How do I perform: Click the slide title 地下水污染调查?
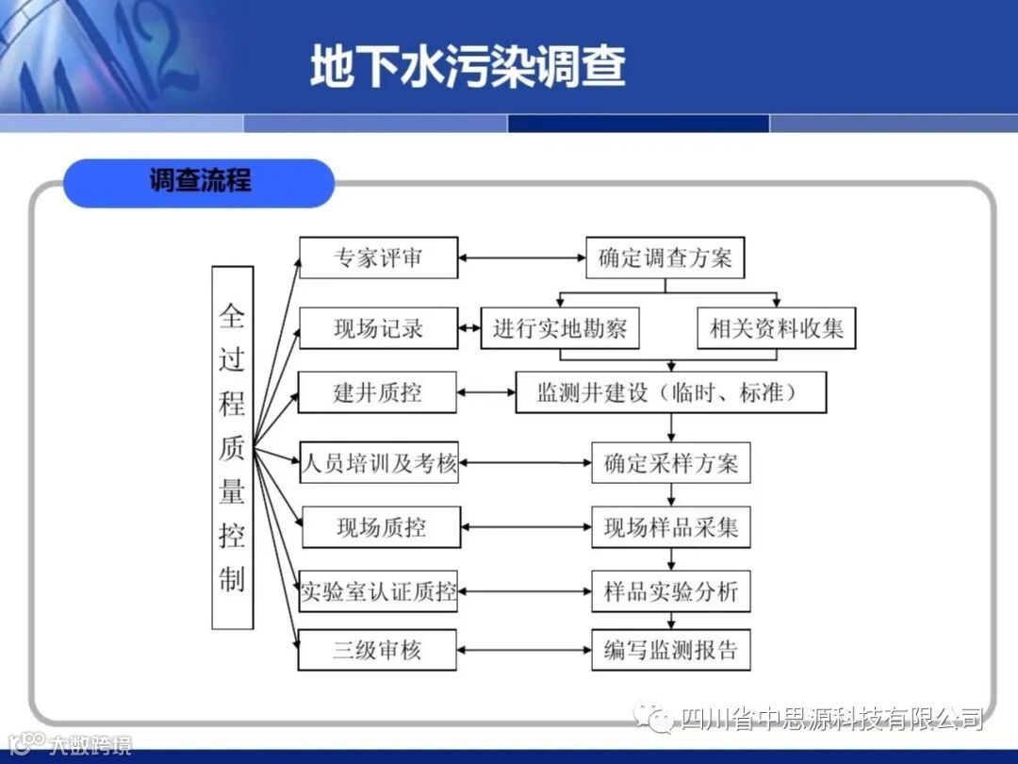[468, 67]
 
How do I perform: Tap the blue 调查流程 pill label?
[199, 182]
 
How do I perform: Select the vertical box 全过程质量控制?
[233, 447]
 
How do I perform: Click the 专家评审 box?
[379, 257]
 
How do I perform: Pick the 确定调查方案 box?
[665, 257]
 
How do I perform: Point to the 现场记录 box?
[379, 328]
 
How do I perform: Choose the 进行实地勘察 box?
[560, 328]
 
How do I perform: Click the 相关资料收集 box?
[776, 328]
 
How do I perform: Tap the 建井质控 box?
[377, 392]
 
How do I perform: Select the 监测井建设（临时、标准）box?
[670, 392]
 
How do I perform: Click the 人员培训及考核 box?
[379, 462]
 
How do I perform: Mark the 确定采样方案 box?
[670, 462]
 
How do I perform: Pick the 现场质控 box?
[381, 526]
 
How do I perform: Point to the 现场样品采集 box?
[670, 526]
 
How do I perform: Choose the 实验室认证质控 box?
[378, 591]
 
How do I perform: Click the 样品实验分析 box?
[670, 591]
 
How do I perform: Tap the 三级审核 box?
[377, 650]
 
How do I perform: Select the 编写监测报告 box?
[670, 650]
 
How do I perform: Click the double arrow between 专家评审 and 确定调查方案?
[522, 257]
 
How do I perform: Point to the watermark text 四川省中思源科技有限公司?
[830, 719]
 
